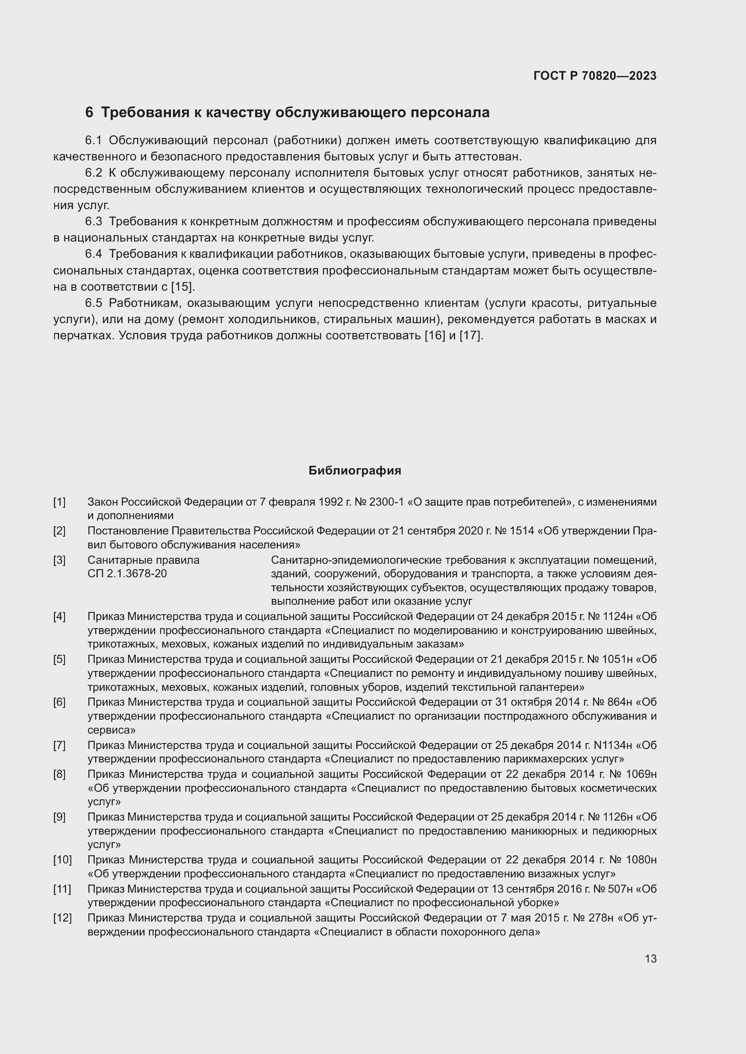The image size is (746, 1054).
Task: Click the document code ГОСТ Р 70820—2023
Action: [x=595, y=76]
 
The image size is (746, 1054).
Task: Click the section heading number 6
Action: [x=89, y=113]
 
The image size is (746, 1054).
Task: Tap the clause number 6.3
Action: [x=93, y=222]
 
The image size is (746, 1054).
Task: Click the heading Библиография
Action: [x=355, y=470]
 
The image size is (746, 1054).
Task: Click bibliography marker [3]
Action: [x=59, y=560]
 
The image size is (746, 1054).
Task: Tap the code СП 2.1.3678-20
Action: [x=127, y=573]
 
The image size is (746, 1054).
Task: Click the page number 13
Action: [x=650, y=959]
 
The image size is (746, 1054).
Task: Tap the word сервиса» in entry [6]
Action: [x=111, y=730]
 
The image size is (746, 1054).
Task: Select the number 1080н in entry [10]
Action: [x=641, y=859]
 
